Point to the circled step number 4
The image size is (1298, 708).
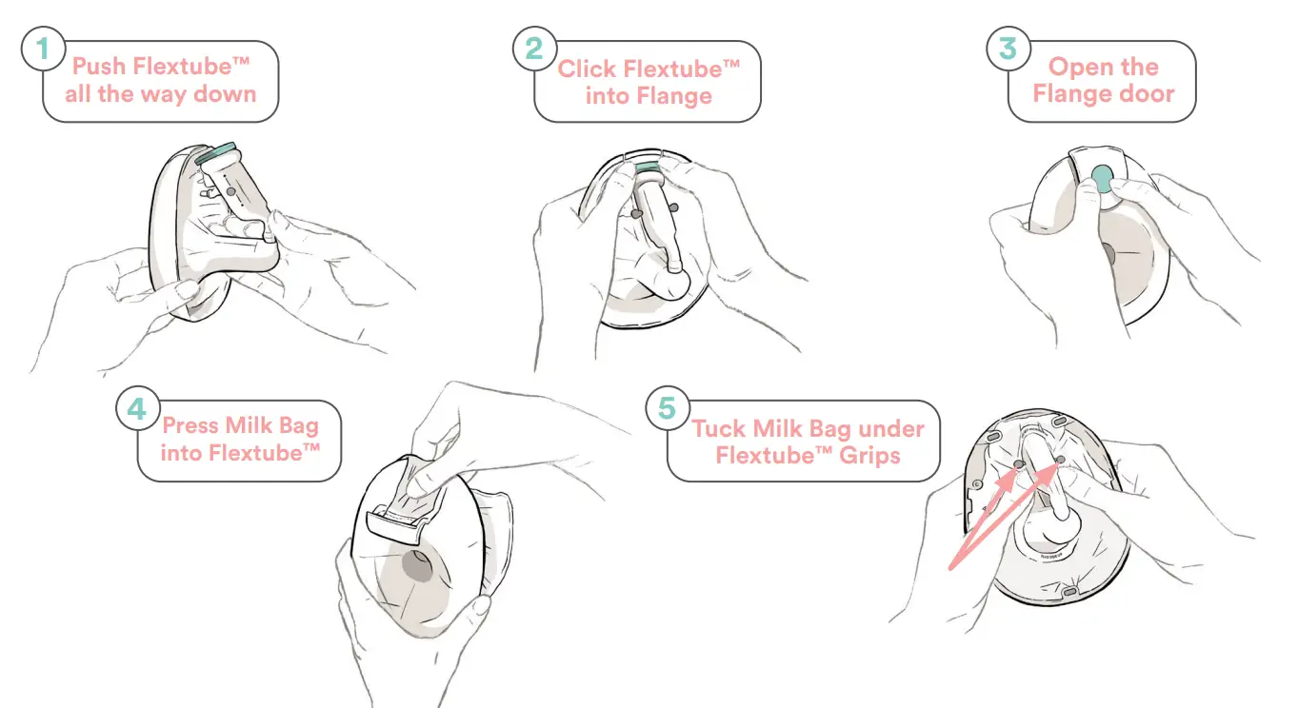click(137, 409)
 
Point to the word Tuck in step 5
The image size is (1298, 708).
click(718, 428)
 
